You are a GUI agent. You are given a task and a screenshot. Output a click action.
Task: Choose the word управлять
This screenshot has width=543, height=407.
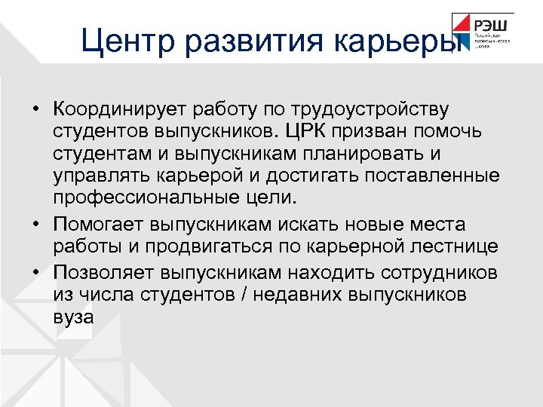tap(97, 176)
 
